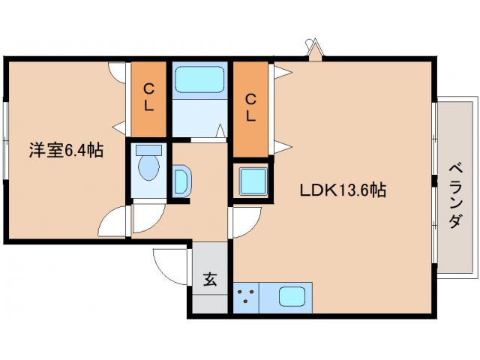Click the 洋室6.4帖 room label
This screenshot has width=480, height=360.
66,150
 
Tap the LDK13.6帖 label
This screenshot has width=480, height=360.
343,190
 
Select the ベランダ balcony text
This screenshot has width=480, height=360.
455,196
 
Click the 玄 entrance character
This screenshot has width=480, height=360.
210,279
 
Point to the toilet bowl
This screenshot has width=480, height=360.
148,168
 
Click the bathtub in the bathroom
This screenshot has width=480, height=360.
199,79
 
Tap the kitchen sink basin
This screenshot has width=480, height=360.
292,297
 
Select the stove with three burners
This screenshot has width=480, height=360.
246,297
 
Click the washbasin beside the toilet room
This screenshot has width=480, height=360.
181,181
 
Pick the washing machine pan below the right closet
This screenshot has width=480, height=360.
253,181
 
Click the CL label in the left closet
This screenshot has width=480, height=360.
149,97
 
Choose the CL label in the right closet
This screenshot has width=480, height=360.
250,108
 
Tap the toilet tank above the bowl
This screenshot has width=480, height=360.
148,150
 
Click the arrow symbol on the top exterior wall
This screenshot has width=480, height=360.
315,49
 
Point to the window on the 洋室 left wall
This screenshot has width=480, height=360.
5,140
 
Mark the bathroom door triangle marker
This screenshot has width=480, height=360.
220,131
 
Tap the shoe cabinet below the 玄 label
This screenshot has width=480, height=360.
210,304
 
